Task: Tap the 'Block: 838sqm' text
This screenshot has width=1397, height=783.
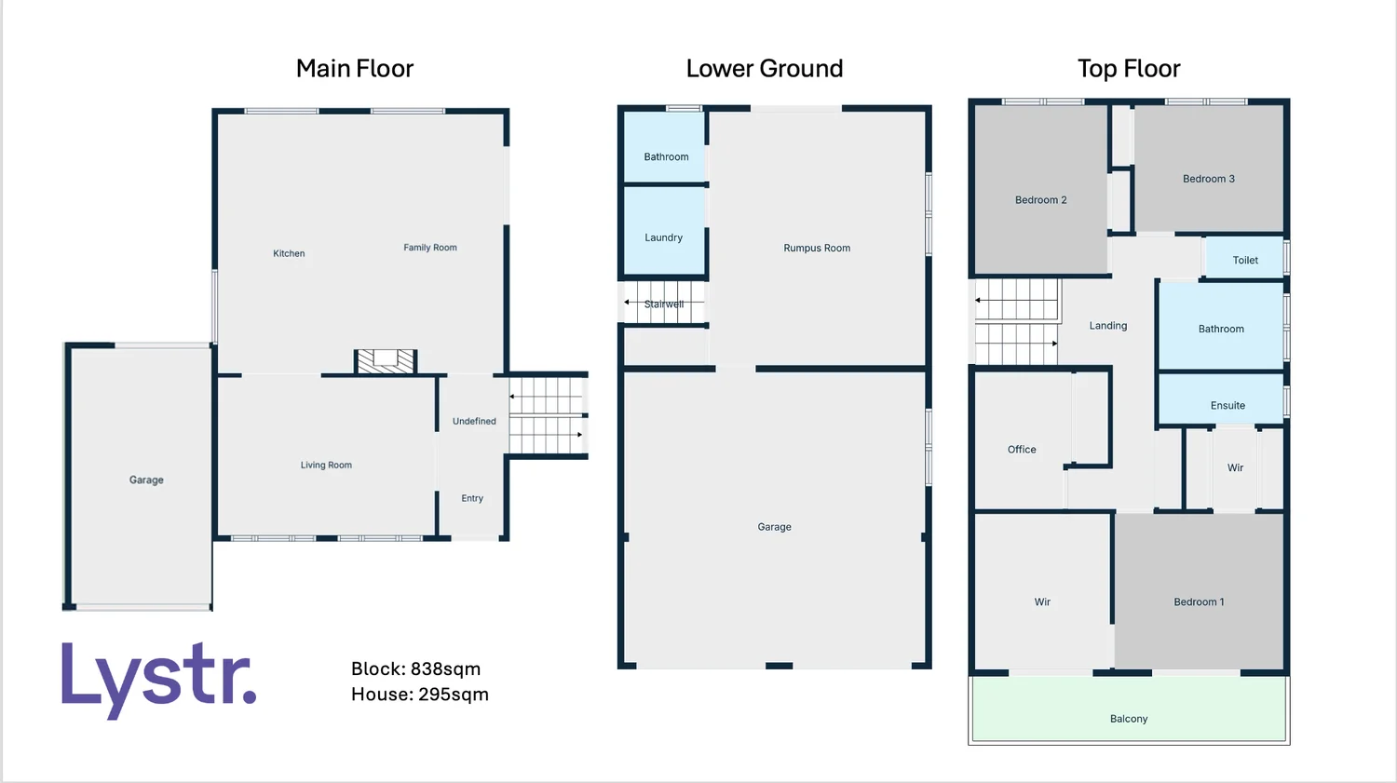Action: [415, 668]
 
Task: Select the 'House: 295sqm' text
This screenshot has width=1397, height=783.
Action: [419, 695]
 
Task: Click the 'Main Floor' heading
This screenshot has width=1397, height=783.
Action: [354, 69]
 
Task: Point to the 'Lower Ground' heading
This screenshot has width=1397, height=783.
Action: [764, 69]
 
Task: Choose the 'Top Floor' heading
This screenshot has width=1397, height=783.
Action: [1128, 69]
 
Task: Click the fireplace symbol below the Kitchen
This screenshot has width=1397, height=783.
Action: [386, 361]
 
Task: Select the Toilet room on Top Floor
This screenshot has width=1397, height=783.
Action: [1244, 260]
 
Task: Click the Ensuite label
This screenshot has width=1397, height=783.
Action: [1227, 406]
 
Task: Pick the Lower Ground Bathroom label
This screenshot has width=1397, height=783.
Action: [666, 156]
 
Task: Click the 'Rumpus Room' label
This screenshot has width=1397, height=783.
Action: [817, 249]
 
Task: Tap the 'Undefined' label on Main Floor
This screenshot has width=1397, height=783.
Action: [474, 422]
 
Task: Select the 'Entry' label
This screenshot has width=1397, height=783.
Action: [472, 499]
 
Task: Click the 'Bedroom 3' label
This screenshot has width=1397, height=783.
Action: [1208, 179]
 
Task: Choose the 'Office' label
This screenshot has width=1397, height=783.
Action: [1022, 450]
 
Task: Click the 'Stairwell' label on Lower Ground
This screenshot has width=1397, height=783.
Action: [664, 304]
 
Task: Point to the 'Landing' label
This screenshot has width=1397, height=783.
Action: [1107, 326]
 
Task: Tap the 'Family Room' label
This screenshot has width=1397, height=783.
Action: [429, 248]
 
